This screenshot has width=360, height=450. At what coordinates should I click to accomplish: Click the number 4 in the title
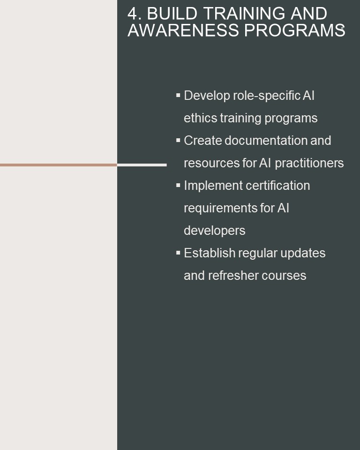[x=132, y=14]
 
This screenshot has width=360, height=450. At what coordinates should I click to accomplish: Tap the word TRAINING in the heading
[x=244, y=14]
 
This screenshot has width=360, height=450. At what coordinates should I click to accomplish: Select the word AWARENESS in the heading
[x=183, y=30]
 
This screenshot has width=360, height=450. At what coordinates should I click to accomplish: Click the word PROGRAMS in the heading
[x=295, y=30]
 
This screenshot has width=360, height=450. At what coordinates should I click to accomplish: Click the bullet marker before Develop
[x=178, y=95]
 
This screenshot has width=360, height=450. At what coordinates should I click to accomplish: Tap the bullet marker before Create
[x=178, y=140]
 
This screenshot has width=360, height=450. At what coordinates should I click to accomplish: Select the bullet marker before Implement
[x=178, y=185]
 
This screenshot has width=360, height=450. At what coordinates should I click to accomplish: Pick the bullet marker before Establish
[x=178, y=253]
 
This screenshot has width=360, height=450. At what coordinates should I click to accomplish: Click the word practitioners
[x=309, y=163]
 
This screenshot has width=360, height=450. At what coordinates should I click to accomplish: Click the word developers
[x=214, y=231]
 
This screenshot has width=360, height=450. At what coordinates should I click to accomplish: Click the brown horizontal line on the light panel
[x=59, y=165]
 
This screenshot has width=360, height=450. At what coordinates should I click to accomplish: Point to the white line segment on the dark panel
[x=142, y=165]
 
